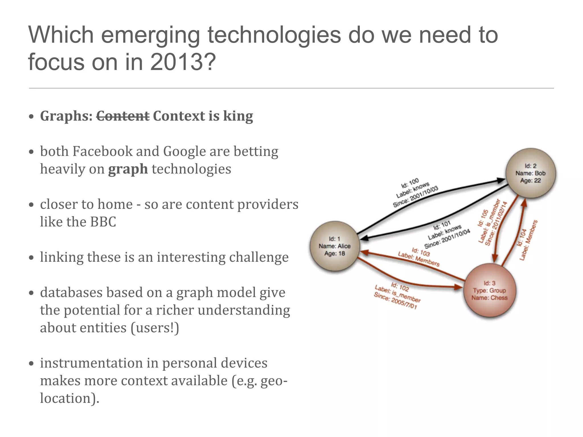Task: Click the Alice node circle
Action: (x=334, y=246)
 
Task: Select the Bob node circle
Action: (x=530, y=173)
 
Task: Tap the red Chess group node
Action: (x=490, y=290)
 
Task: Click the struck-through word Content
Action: (x=123, y=116)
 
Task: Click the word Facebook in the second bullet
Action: (x=102, y=151)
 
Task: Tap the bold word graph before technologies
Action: (x=128, y=169)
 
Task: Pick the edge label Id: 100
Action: (x=410, y=183)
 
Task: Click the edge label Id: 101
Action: (x=442, y=226)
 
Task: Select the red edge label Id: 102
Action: (x=400, y=287)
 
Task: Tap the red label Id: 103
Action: (x=421, y=252)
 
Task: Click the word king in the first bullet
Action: (x=238, y=116)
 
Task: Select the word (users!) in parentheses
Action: (x=155, y=328)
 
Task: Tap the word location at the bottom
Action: (x=67, y=398)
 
